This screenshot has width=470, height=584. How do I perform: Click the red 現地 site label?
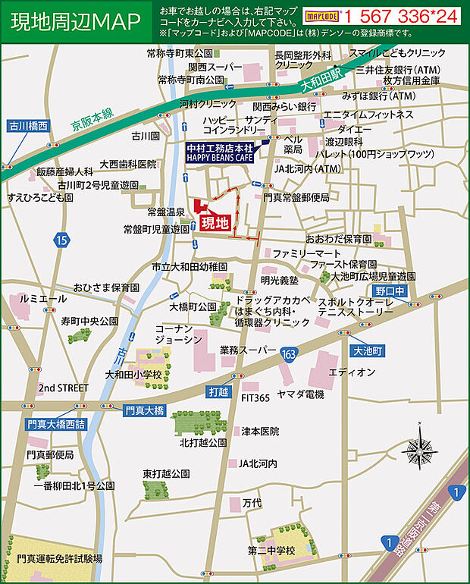click(x=215, y=223)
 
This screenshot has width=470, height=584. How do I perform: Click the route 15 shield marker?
click(x=61, y=240)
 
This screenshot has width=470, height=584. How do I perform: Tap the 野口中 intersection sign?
click(x=391, y=291)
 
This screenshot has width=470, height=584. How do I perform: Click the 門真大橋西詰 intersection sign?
click(x=55, y=424)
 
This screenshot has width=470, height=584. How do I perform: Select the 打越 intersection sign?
click(x=218, y=392)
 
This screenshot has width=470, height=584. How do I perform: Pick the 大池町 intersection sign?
click(x=370, y=351)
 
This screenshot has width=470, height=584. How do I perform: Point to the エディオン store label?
click(x=352, y=372)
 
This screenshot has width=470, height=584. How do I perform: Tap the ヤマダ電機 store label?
click(x=300, y=394)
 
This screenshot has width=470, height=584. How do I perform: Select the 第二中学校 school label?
click(x=271, y=550)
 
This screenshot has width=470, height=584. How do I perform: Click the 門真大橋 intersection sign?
click(x=143, y=410)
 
